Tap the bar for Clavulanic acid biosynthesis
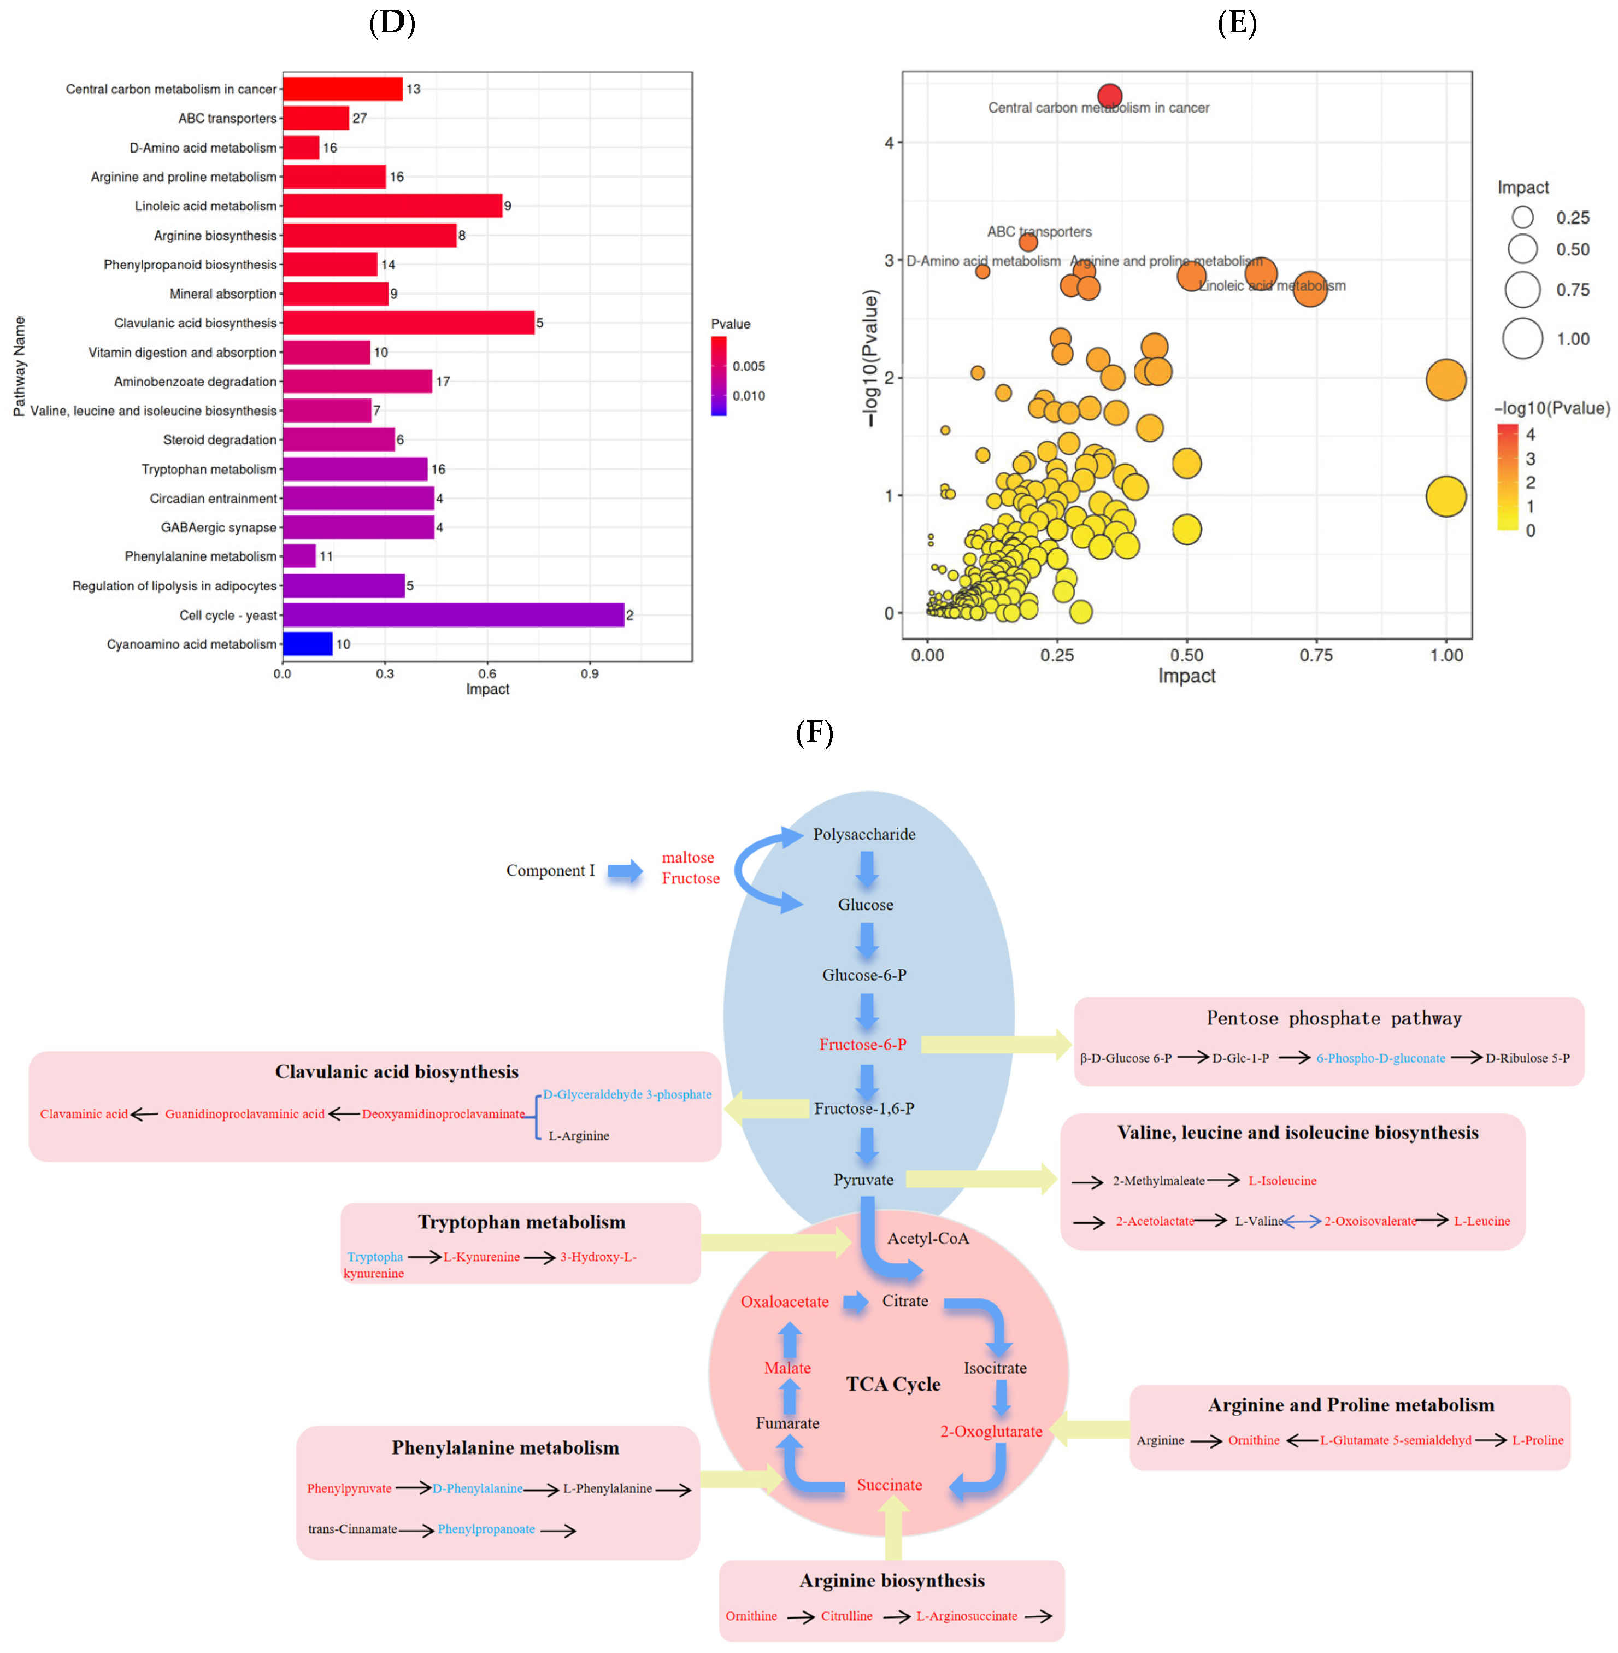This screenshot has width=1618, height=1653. (408, 323)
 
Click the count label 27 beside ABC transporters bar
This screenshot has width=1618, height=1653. (360, 118)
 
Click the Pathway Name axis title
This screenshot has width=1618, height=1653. (19, 366)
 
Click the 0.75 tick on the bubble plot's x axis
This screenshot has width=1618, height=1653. (1315, 655)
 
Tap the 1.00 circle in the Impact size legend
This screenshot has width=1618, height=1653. (1522, 338)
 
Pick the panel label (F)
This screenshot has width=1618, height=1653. (814, 732)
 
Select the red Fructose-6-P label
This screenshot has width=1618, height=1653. (862, 1045)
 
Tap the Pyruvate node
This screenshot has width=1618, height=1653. (863, 1180)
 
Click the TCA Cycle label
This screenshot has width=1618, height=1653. (893, 1384)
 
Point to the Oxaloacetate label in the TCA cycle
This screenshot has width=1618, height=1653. (784, 1301)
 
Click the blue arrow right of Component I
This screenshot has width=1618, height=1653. (626, 870)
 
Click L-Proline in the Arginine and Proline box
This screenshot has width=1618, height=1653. (1537, 1440)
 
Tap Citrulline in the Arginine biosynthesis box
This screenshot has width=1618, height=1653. (846, 1616)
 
